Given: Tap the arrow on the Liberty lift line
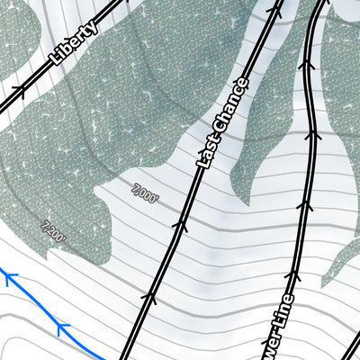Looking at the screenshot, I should point(18,90).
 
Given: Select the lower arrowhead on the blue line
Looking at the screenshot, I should point(61,326).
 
